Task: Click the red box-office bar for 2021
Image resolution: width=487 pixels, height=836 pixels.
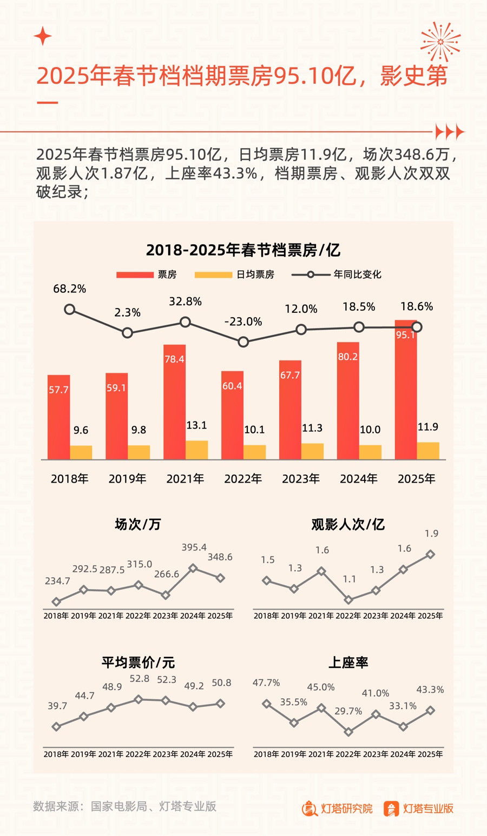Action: [174, 403]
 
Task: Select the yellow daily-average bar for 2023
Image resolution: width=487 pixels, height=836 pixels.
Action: [312, 451]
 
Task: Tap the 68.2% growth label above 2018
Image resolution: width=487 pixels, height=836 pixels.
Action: [69, 289]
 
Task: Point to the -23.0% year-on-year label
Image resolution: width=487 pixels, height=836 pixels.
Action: [243, 322]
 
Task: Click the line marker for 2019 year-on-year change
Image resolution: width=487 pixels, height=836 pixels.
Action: [127, 333]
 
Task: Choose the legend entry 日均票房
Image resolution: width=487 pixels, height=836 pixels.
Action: [234, 275]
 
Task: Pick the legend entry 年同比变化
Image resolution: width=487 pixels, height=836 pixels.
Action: [337, 275]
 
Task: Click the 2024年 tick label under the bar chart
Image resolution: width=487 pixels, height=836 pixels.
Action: [359, 479]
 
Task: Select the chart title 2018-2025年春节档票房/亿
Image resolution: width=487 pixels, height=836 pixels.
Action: [243, 250]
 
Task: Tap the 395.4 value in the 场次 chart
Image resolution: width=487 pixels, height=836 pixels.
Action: [194, 547]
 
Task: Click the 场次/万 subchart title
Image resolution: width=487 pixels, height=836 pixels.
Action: [138, 524]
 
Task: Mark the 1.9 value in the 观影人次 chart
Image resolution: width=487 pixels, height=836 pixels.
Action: [431, 534]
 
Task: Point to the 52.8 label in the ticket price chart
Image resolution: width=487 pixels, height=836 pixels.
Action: [140, 678]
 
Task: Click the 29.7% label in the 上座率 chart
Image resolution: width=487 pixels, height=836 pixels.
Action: [348, 711]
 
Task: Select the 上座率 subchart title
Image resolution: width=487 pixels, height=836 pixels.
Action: [348, 663]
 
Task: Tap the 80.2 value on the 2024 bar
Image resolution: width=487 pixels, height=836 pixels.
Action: [347, 357]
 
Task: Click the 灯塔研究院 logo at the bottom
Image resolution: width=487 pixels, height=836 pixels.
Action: [337, 808]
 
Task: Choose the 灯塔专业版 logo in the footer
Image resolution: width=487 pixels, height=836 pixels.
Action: [418, 808]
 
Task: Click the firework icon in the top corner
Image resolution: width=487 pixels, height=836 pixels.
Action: [440, 42]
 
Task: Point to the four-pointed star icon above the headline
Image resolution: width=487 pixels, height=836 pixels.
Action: [43, 37]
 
